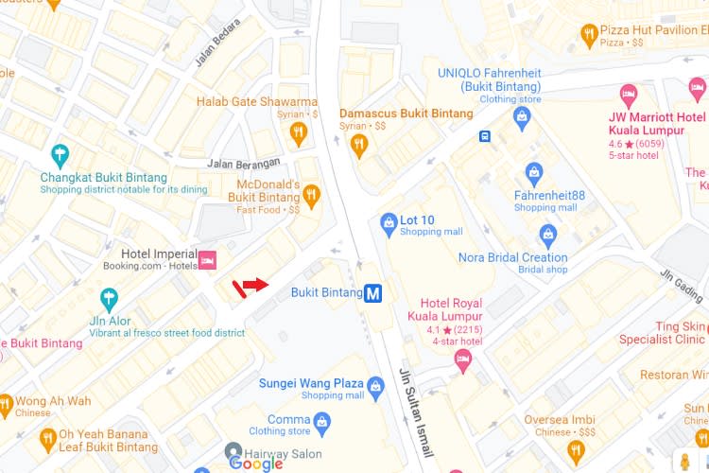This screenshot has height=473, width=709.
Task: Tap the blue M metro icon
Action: [374, 293]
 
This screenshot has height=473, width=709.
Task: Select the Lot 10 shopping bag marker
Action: [388, 223]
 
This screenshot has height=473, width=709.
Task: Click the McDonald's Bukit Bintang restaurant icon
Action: [311, 196]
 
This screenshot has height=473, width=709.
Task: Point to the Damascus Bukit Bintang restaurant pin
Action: [358, 145]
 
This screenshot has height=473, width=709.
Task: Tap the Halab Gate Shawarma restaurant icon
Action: [299, 131]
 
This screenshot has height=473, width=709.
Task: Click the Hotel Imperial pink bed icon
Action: [208, 258]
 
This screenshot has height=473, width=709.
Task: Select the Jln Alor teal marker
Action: [110, 300]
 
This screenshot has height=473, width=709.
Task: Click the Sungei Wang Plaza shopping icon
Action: [375, 385]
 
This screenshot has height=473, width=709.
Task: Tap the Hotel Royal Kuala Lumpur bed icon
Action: [462, 358]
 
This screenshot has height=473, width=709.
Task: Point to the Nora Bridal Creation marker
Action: [547, 234]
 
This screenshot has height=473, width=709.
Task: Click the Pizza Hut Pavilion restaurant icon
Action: [591, 35]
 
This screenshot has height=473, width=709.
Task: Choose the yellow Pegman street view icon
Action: [685, 460]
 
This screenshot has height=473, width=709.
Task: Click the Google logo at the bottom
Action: [256, 463]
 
